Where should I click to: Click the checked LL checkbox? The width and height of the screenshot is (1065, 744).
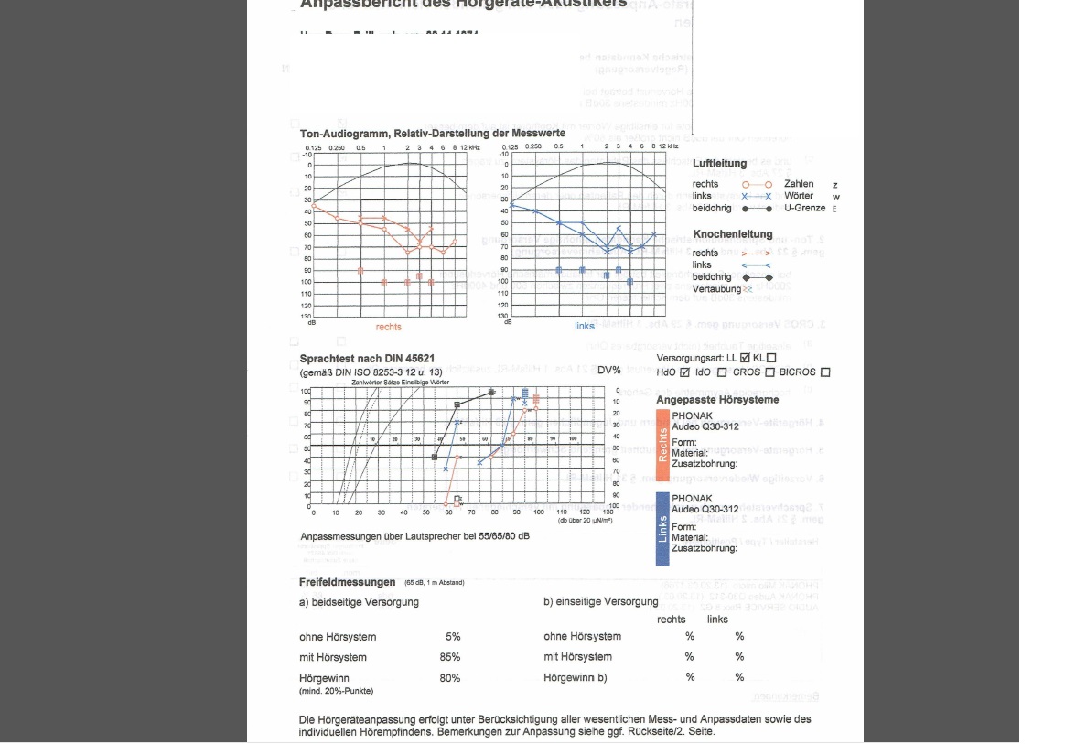pyautogui.click(x=745, y=358)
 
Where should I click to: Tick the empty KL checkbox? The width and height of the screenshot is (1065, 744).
pyautogui.click(x=771, y=358)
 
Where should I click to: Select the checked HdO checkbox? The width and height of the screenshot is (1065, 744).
pyautogui.click(x=684, y=372)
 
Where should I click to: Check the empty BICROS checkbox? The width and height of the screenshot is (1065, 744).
pyautogui.click(x=825, y=372)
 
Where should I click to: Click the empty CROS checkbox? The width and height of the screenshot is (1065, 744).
pyautogui.click(x=769, y=372)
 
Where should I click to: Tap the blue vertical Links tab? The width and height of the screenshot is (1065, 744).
pyautogui.click(x=662, y=529)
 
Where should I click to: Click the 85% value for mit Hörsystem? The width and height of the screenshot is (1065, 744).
pyautogui.click(x=449, y=657)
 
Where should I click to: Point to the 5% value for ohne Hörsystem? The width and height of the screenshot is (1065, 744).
pyautogui.click(x=453, y=637)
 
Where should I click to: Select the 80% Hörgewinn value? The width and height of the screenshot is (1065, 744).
pyautogui.click(x=449, y=678)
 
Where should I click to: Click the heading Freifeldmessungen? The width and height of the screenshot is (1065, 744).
pyautogui.click(x=347, y=582)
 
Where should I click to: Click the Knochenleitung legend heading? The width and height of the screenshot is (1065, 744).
pyautogui.click(x=732, y=234)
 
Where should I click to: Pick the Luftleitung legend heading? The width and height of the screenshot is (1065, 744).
pyautogui.click(x=719, y=164)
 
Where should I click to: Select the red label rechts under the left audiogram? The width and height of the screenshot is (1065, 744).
pyautogui.click(x=388, y=327)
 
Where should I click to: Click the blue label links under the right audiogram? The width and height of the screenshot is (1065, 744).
pyautogui.click(x=584, y=326)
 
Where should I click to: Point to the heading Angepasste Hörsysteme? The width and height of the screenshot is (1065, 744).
pyautogui.click(x=717, y=400)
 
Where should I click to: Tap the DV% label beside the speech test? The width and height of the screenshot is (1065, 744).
pyautogui.click(x=608, y=371)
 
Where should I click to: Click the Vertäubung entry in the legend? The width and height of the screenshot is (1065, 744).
pyautogui.click(x=716, y=289)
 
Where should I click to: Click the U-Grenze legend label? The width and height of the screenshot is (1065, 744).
pyautogui.click(x=805, y=208)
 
